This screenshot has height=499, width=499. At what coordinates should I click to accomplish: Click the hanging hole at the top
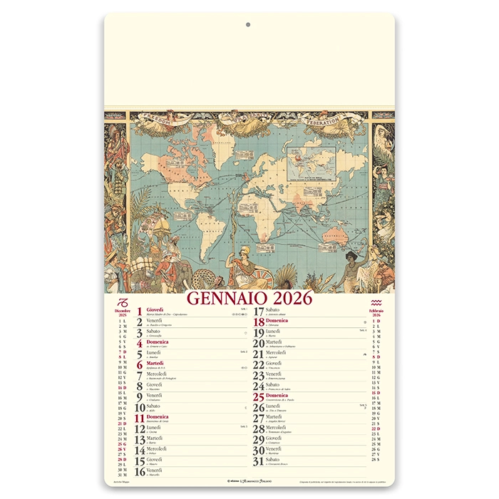click(x=247, y=24)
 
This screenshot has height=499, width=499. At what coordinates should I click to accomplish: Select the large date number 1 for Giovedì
click(x=140, y=312)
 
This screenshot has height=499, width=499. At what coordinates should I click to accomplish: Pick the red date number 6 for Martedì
click(x=140, y=365)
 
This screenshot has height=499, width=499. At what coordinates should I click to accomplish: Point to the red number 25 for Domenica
click(x=259, y=397)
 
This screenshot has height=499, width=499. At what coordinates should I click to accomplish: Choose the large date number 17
click(x=259, y=312)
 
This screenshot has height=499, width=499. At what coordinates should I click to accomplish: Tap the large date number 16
click(x=140, y=472)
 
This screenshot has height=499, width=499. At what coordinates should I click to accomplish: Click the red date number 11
click(x=140, y=418)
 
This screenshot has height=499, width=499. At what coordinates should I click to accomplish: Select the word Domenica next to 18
click(x=277, y=321)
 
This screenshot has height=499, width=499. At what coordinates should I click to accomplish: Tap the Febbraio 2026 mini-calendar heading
click(x=376, y=313)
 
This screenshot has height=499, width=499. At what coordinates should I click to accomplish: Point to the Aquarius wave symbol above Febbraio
click(x=376, y=302)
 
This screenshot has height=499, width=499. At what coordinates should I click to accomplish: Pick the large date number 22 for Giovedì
click(x=259, y=365)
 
